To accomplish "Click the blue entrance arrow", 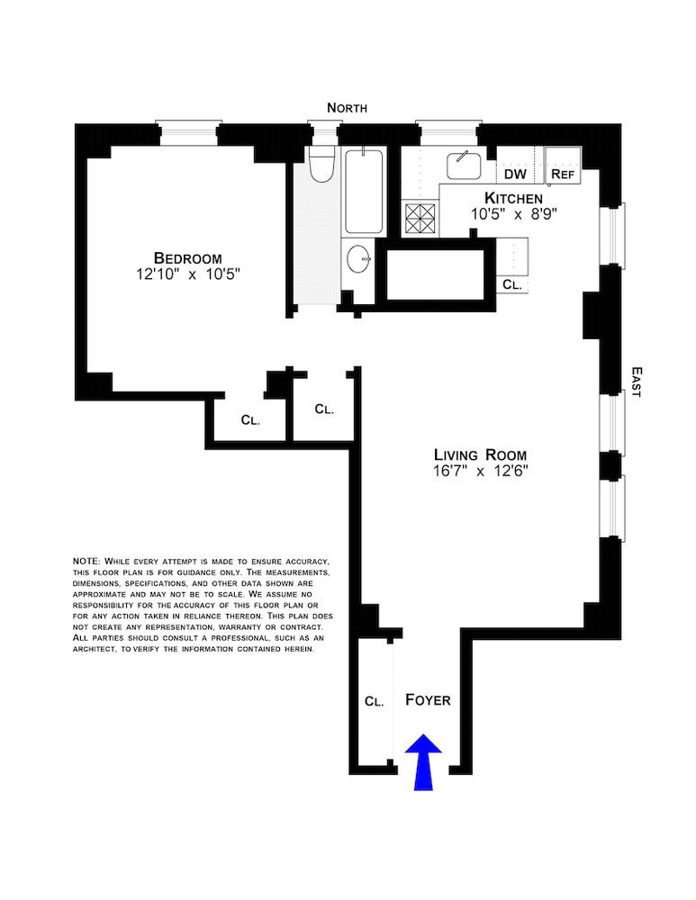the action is (424, 761).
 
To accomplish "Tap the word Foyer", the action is (428, 699).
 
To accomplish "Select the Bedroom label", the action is (187, 258).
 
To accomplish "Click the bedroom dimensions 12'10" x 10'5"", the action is (187, 274).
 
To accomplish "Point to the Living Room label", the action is (480, 455).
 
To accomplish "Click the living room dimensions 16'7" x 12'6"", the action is (480, 472).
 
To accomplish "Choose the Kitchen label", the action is (513, 199).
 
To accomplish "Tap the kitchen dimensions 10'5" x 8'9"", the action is (514, 215).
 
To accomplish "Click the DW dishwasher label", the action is (515, 174).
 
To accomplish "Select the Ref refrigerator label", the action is (562, 174).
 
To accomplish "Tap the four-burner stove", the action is (420, 217).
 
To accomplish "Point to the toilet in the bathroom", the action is (321, 164).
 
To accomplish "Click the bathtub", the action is (364, 191).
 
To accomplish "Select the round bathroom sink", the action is (359, 259).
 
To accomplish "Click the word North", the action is (347, 108).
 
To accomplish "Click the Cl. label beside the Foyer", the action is (375, 701).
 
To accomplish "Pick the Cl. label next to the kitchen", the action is (512, 284).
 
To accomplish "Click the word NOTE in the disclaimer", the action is (86, 560).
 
